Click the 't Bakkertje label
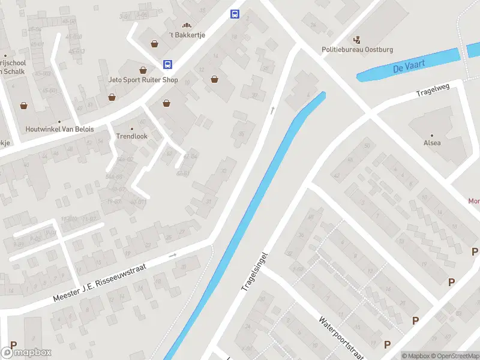pyautogui.click(x=187, y=35)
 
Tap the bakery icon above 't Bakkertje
pyautogui.click(x=187, y=26)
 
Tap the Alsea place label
pyautogui.click(x=432, y=143)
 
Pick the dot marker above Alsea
pyautogui.click(x=432, y=135)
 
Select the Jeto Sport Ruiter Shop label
pyautogui.click(x=143, y=80)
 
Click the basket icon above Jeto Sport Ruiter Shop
pyautogui.click(x=143, y=70)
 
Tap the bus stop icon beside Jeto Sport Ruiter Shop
pyautogui.click(x=168, y=64)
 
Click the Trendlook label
pyautogui.click(x=131, y=136)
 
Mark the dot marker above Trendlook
pyautogui.click(x=132, y=128)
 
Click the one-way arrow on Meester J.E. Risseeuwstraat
pyautogui.click(x=173, y=255)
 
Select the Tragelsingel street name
pyautogui.click(x=254, y=271)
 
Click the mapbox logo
pyautogui.click(x=26, y=352)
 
